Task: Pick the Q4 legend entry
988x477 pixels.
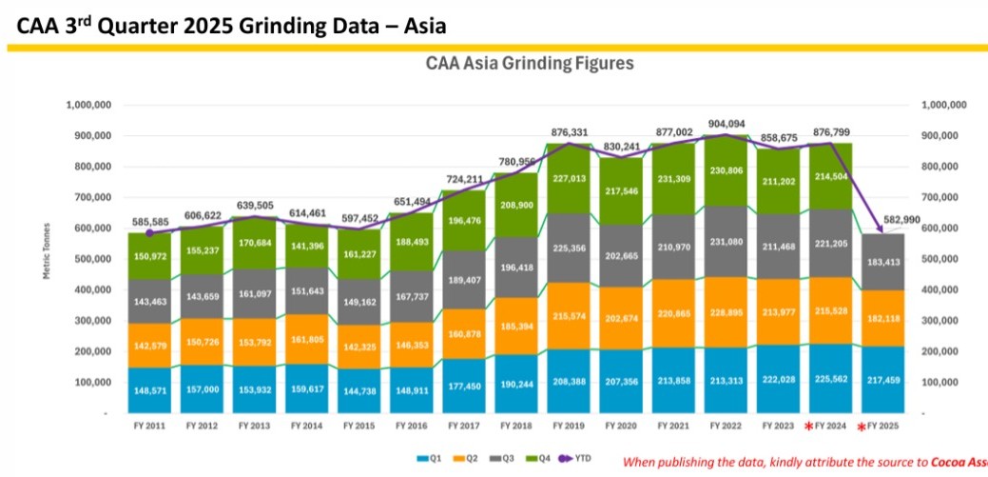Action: pos(530,458)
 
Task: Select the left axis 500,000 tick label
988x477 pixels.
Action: pos(87,259)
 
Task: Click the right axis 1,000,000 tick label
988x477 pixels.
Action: pos(944,105)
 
